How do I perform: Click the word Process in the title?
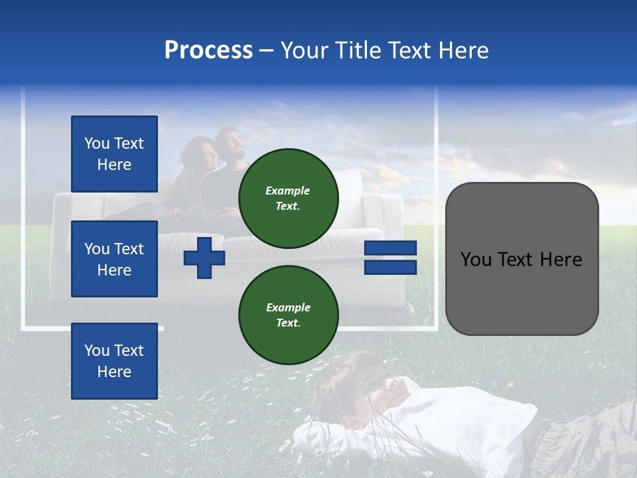208,50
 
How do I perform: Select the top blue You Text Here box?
114,154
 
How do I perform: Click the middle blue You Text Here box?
114,259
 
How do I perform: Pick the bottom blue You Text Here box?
114,361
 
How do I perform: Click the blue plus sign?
204,258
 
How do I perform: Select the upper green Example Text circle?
288,198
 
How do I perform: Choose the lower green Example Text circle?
288,315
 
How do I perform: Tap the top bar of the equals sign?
390,248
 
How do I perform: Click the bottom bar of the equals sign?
390,267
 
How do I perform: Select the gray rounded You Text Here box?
522,259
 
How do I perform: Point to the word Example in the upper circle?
288,191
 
